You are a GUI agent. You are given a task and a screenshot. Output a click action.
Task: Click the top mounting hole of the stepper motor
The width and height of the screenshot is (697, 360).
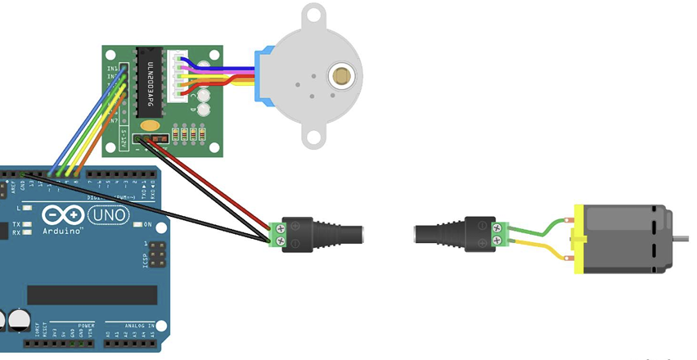click(313, 13)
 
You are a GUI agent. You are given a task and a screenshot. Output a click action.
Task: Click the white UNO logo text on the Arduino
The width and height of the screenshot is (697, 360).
click(108, 215)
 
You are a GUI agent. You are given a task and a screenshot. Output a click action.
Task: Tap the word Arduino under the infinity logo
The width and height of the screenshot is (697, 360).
click(61, 232)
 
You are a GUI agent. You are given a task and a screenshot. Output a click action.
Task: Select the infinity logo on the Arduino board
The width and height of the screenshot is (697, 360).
click(61, 215)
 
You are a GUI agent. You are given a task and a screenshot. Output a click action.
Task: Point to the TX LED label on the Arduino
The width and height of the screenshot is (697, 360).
click(16, 224)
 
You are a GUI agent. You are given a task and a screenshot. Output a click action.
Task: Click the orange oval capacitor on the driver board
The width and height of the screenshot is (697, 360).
click(150, 126)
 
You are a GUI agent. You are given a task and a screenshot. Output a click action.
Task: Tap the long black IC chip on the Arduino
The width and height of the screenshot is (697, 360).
click(92, 295)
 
